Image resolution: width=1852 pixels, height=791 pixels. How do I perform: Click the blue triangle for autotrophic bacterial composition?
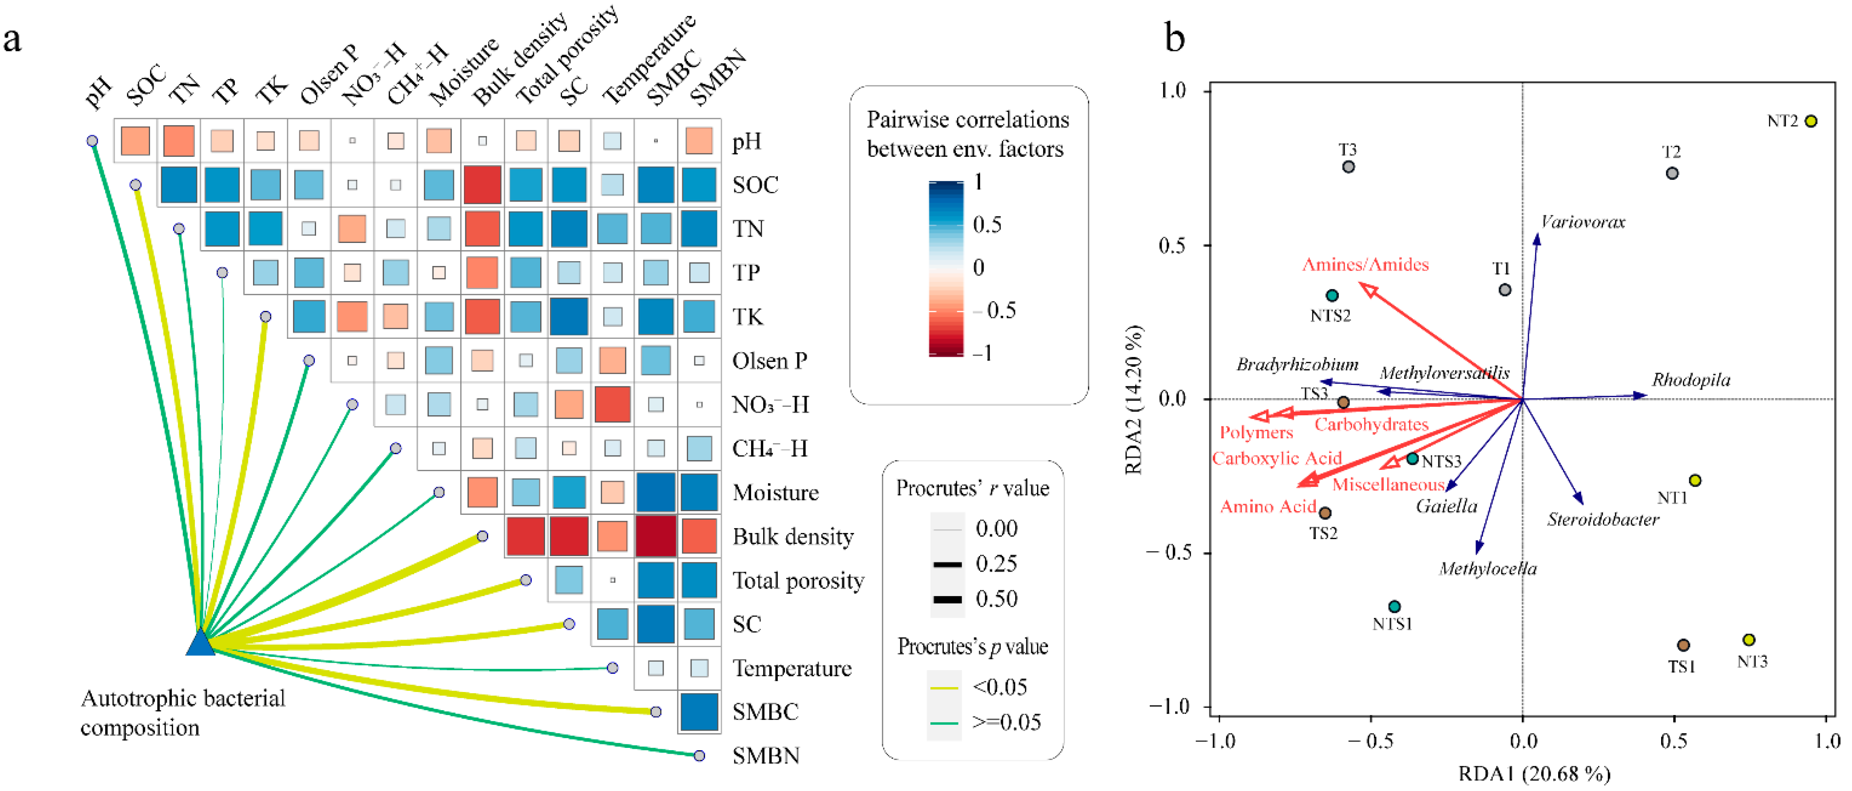point(201,643)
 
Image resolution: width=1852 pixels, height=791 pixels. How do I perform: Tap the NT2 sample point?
point(1810,121)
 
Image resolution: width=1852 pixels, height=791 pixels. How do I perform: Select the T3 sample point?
point(1348,167)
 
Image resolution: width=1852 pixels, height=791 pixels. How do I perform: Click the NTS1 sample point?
point(1394,606)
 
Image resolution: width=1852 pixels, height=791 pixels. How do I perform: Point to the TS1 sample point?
point(1683,645)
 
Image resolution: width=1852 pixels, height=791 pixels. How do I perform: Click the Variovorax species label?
point(1583,222)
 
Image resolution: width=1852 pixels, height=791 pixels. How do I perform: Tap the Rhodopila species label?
point(1690,380)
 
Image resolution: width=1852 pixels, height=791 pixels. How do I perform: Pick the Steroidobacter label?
point(1603,519)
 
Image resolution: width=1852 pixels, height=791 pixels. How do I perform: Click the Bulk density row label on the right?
point(792,537)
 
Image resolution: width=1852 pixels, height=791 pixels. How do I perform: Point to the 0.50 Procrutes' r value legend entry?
point(996,599)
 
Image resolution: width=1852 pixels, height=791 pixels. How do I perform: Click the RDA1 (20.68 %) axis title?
point(1534,774)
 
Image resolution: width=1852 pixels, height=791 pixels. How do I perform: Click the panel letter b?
point(1174,37)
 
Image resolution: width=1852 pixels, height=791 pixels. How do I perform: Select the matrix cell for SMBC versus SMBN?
point(699,712)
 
